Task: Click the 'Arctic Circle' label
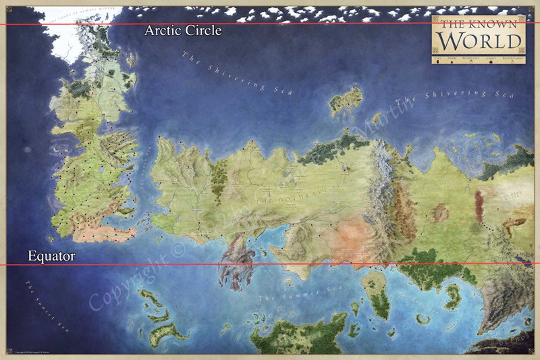[x=183, y=31]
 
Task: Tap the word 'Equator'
[x=51, y=256]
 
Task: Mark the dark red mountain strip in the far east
[x=480, y=206]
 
